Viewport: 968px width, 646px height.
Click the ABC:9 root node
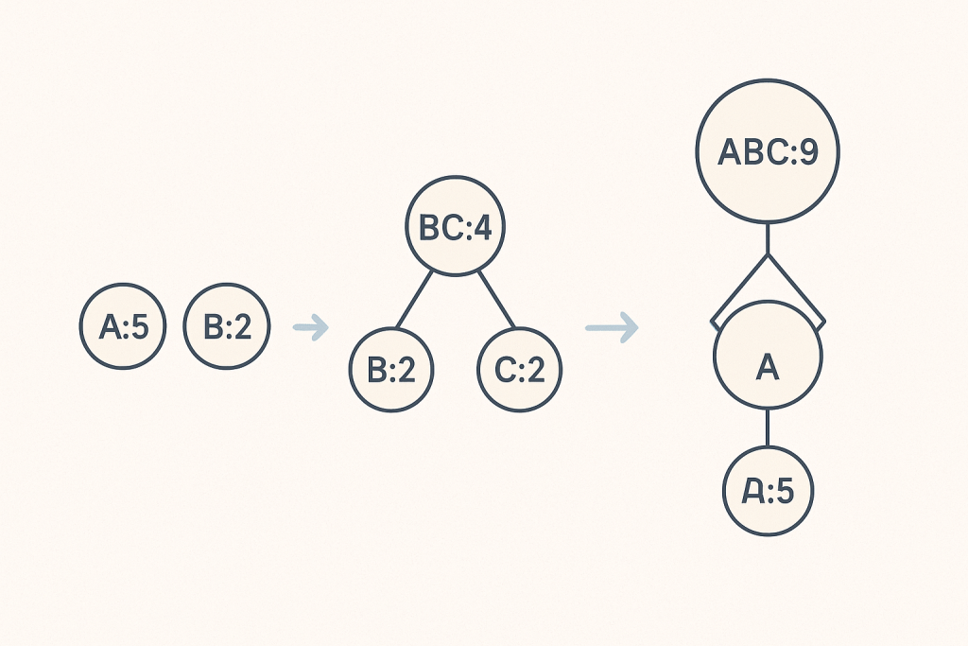pyautogui.click(x=768, y=151)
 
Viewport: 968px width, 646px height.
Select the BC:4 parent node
pyautogui.click(x=456, y=228)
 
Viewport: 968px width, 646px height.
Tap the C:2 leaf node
pyautogui.click(x=520, y=370)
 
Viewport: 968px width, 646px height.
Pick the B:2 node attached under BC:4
pyautogui.click(x=390, y=370)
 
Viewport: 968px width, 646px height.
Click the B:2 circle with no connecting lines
pyautogui.click(x=227, y=327)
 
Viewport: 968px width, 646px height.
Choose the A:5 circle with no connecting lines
pyautogui.click(x=121, y=327)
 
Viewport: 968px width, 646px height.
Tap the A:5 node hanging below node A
pyautogui.click(x=768, y=491)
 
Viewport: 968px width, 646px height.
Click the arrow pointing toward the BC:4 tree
pyautogui.click(x=310, y=328)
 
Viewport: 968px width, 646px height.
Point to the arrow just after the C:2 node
pyautogui.click(x=612, y=328)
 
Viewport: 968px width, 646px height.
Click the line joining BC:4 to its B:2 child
pyautogui.click(x=416, y=301)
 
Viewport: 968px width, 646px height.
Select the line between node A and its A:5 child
pyautogui.click(x=768, y=428)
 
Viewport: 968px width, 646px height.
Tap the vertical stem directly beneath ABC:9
pyautogui.click(x=768, y=238)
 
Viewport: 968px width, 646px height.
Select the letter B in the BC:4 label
pyautogui.click(x=427, y=229)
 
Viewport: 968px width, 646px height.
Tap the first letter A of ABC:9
pyautogui.click(x=730, y=152)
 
